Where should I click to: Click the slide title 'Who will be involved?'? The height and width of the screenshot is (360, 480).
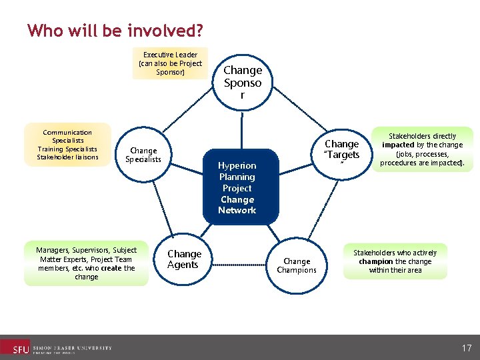(115, 31)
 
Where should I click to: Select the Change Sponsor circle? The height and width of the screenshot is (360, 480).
(243, 81)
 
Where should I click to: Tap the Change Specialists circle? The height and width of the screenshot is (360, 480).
(143, 155)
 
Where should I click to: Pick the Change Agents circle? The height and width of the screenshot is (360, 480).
(184, 259)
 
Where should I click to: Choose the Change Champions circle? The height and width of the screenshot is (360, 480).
(297, 265)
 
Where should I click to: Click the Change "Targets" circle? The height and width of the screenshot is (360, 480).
(341, 150)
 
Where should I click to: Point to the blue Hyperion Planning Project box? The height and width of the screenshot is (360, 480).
(237, 187)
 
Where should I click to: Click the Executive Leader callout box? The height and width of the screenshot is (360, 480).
(170, 63)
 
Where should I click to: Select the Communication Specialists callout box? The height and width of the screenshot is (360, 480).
(67, 145)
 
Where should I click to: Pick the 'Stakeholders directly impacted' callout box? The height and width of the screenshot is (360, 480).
(422, 149)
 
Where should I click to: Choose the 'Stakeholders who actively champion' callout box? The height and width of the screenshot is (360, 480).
(395, 261)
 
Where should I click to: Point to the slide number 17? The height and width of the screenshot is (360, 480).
(466, 347)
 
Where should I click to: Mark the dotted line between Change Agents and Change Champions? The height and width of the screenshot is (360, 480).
(240, 265)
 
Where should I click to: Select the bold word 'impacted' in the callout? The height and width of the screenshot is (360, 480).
(398, 145)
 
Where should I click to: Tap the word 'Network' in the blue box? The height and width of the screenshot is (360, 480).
(237, 210)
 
